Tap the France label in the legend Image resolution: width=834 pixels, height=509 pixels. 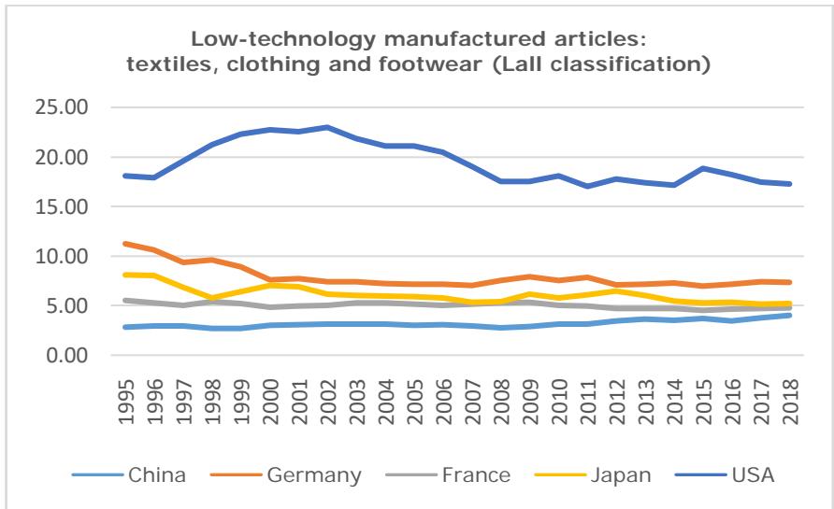(478, 476)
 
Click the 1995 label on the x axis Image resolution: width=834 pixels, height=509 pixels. (123, 399)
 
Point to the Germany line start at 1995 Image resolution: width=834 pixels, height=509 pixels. (123, 244)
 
